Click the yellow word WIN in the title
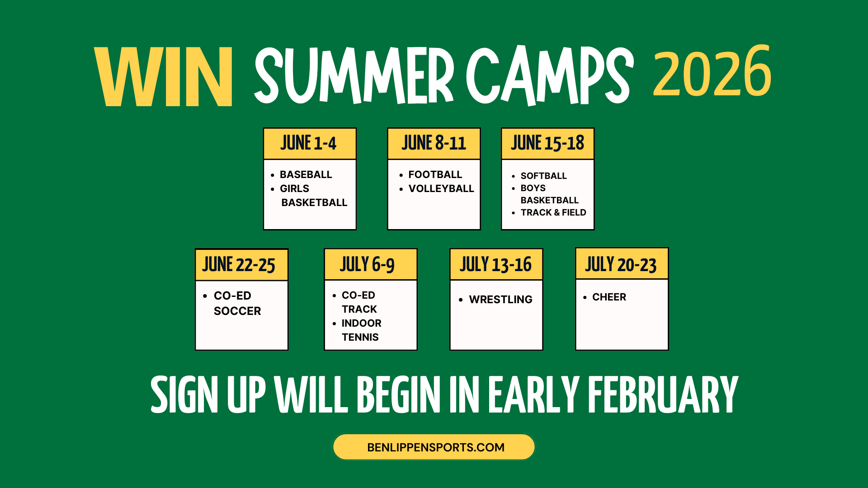(164, 77)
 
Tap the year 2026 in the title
(712, 72)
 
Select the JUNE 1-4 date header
(309, 144)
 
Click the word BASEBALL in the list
(306, 174)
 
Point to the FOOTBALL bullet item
(435, 174)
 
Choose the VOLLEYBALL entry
(441, 188)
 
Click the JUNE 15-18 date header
(547, 144)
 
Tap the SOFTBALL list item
(543, 176)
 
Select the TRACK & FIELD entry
(553, 212)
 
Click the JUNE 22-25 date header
(240, 265)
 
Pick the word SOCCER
(237, 311)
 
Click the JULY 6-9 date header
(368, 265)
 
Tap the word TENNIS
(360, 337)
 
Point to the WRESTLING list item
(500, 299)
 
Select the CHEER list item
(609, 297)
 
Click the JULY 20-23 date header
(621, 265)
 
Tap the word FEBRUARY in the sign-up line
(663, 395)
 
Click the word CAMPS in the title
(549, 76)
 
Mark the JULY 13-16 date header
(496, 265)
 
